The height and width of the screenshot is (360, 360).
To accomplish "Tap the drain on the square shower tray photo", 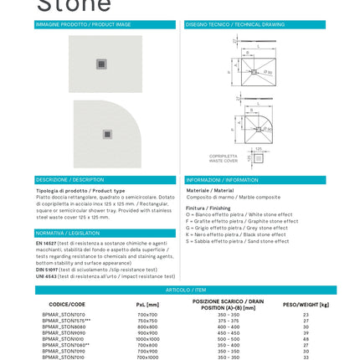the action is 101,64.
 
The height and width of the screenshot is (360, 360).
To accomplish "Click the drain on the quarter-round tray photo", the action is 107,134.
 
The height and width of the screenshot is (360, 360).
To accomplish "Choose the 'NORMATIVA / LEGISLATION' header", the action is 59,233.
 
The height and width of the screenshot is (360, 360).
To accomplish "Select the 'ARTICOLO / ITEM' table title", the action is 180,290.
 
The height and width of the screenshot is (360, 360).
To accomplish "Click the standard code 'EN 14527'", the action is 44,242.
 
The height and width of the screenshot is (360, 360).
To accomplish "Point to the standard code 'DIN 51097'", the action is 45,269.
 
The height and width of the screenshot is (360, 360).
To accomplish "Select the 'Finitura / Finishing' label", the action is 198,207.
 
